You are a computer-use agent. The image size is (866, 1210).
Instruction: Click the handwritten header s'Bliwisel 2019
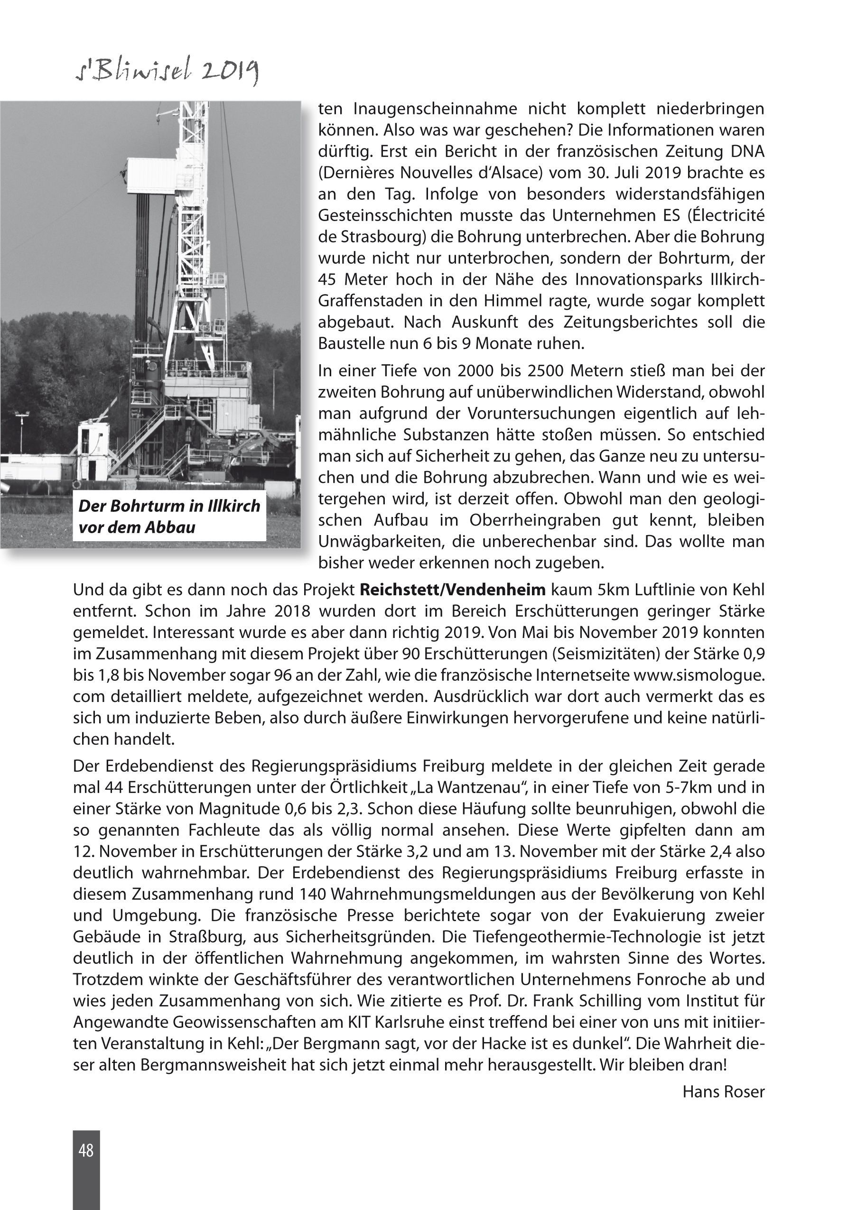pos(167,72)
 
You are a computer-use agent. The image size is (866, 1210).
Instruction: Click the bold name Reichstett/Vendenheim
pos(453,590)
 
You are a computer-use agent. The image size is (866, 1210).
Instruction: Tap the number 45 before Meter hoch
pos(327,280)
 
